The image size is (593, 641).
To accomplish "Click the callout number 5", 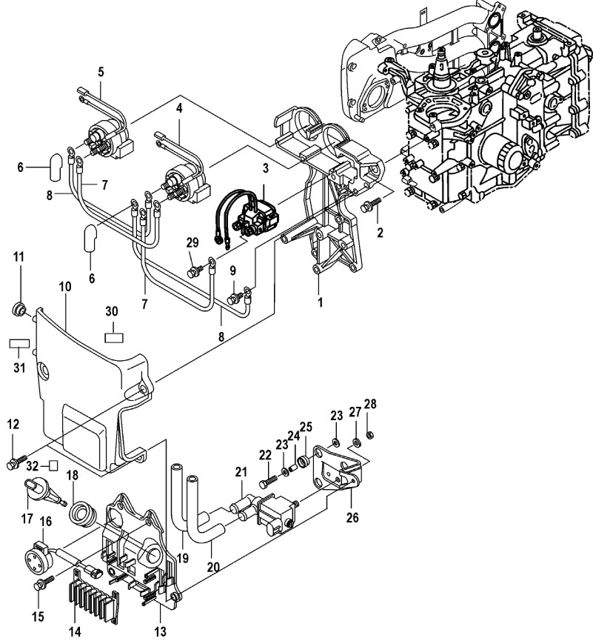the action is pos(101,72).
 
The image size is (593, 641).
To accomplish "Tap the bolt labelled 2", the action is pos(371,205).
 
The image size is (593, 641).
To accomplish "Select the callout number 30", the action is pos(112,311).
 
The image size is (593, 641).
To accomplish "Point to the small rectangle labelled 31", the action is pos(19,344).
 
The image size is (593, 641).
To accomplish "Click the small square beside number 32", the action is pos(53,465).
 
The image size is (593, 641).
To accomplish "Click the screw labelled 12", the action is pos(17,462).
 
